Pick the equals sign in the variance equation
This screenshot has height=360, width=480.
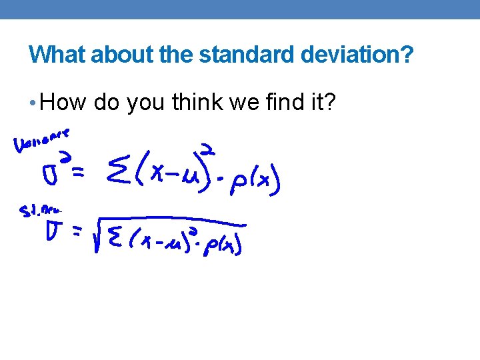pos(78,175)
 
